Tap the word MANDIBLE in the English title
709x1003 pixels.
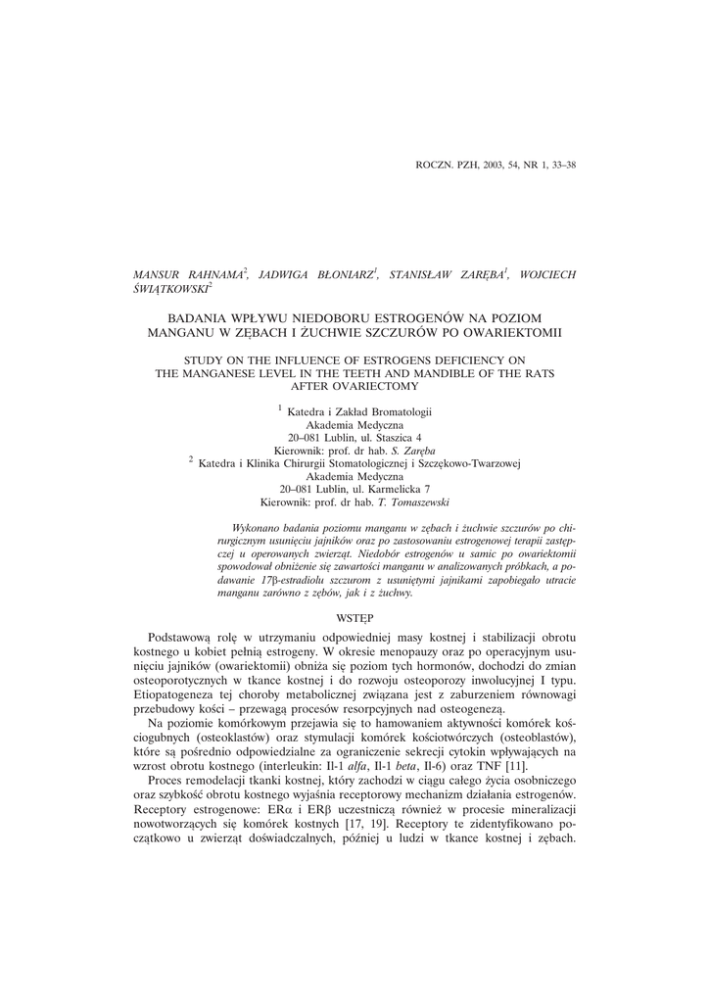click(x=417, y=373)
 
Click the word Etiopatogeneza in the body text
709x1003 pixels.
click(x=176, y=693)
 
